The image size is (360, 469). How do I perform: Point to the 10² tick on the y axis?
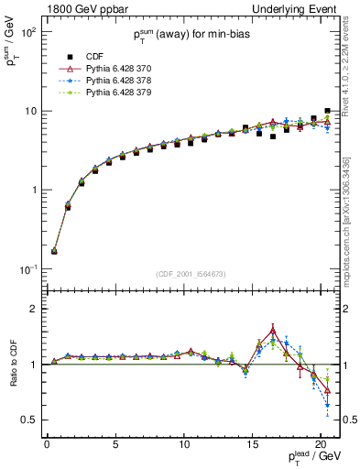[27, 32]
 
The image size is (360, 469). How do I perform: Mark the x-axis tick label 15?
[252, 444]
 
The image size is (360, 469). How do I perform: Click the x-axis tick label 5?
[115, 444]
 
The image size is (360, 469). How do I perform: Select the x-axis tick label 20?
[320, 444]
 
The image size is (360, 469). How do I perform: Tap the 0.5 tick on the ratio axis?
[27, 420]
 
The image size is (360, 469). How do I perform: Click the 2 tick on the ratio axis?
[31, 309]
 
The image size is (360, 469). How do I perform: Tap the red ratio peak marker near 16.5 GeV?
[273, 331]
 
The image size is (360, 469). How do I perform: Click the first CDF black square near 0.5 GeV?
[54, 251]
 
